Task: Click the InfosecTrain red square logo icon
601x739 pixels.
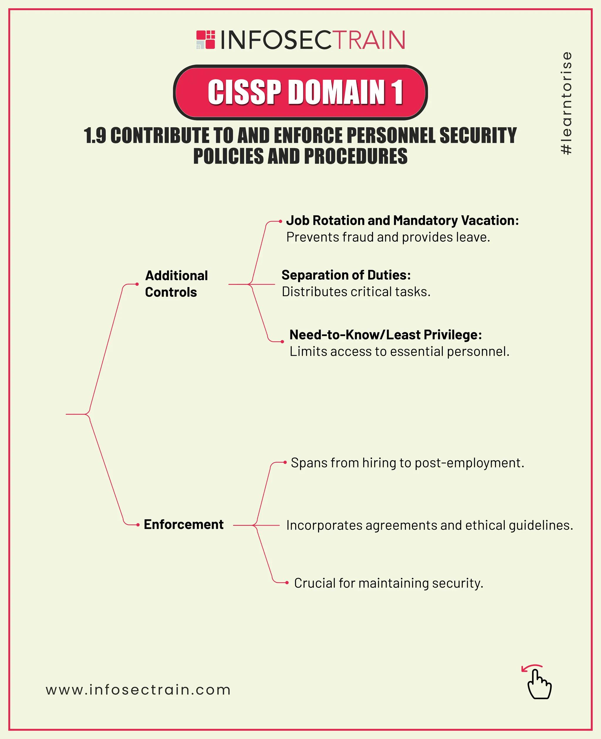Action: (x=206, y=40)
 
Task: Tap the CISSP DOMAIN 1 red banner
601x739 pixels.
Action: (x=300, y=92)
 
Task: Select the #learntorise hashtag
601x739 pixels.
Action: (x=566, y=103)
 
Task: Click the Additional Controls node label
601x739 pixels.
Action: (x=176, y=284)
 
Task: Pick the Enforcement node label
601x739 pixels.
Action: (x=183, y=525)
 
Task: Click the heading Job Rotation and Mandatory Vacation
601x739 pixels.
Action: (x=402, y=221)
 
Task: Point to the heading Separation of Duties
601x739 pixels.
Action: (x=346, y=275)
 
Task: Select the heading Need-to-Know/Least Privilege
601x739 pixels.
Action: (x=385, y=335)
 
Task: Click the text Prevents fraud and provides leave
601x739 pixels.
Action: (x=388, y=237)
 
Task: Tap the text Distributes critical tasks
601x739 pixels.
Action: (x=356, y=292)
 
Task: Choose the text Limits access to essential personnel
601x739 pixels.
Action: (x=399, y=352)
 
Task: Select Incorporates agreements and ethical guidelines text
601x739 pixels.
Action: (x=430, y=525)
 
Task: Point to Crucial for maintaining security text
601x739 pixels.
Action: (x=389, y=583)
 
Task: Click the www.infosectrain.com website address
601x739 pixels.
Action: (x=138, y=690)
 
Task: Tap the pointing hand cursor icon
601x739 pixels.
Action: (x=539, y=684)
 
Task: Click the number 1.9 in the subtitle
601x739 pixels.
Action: (x=95, y=135)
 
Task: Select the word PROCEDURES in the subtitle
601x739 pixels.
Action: (x=356, y=156)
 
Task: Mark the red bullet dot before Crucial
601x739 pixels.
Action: (x=287, y=583)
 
